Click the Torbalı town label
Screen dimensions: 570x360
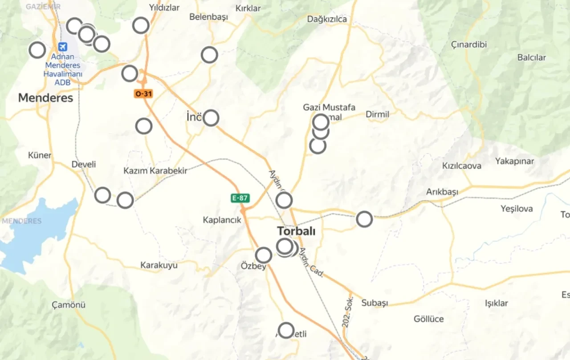(x=296, y=231)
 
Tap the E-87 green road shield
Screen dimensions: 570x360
(x=240, y=198)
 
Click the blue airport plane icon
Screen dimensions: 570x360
(x=63, y=47)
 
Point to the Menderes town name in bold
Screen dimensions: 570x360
(x=45, y=98)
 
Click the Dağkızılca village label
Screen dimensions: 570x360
(x=327, y=19)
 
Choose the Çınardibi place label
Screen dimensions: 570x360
(x=469, y=44)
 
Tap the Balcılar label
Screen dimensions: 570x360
(x=531, y=57)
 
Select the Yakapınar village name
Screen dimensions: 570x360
(x=514, y=161)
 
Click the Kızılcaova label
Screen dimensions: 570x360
(x=461, y=166)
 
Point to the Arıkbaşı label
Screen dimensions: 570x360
(x=442, y=192)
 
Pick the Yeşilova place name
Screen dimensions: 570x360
(x=516, y=209)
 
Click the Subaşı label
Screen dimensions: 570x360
(x=375, y=303)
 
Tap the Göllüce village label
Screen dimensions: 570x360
(x=428, y=319)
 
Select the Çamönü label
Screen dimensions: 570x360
(x=69, y=305)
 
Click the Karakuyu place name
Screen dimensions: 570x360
(x=159, y=265)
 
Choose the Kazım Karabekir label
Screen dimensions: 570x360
(x=155, y=170)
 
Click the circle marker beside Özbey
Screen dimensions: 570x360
(x=264, y=255)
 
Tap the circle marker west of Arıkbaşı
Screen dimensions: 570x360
(x=364, y=219)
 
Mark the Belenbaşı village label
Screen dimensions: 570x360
(x=208, y=17)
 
